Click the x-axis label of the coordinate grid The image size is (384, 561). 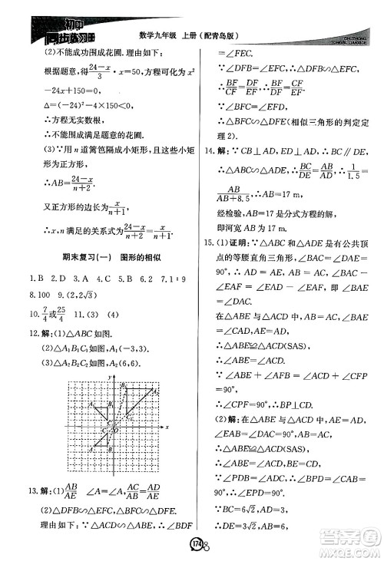(167, 425)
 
